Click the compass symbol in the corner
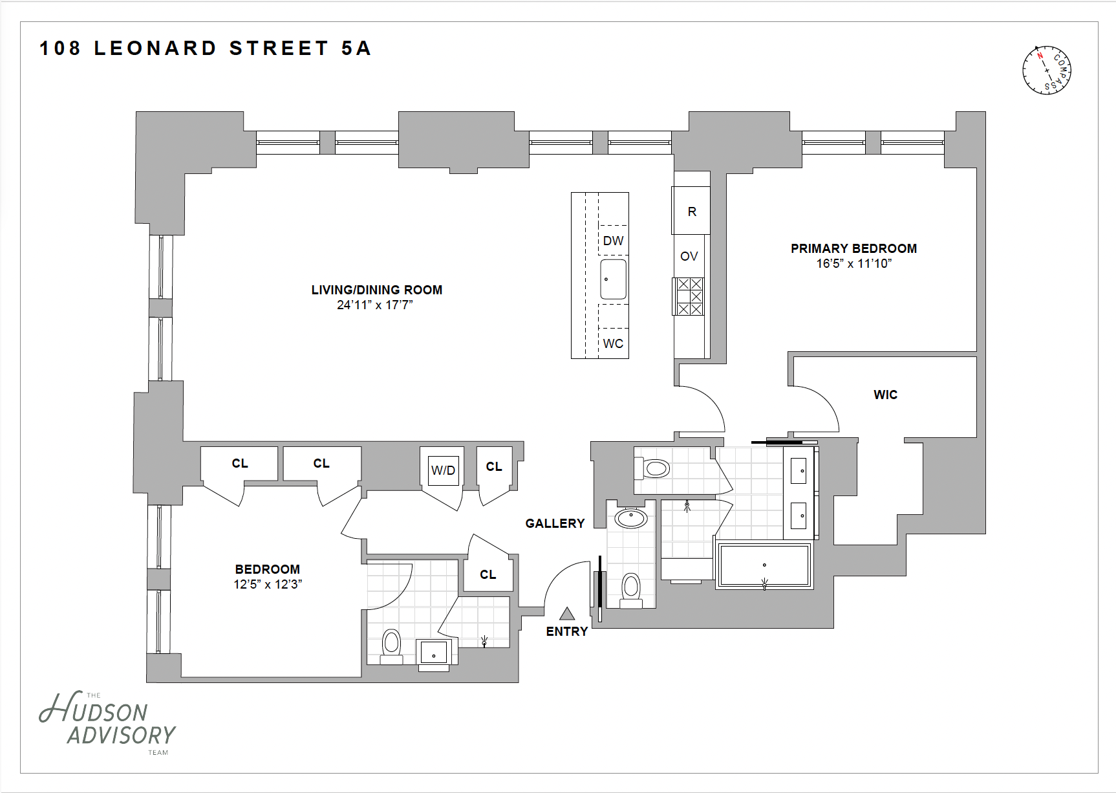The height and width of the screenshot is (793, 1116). [1046, 70]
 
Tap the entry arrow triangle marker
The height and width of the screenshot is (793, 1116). [567, 614]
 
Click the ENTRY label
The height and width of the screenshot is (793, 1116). [567, 631]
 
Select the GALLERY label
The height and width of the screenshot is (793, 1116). [555, 523]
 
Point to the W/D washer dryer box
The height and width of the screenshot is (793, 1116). [443, 470]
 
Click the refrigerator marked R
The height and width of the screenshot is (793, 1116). [692, 211]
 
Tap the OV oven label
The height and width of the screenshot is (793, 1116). [689, 256]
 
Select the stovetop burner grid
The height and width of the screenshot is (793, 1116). [689, 296]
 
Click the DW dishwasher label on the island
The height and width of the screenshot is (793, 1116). [613, 241]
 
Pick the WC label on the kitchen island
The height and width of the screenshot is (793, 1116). [613, 343]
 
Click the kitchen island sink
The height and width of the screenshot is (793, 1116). [613, 279]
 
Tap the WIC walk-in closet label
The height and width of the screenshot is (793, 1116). [885, 395]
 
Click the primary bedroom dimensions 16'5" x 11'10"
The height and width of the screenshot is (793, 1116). [853, 264]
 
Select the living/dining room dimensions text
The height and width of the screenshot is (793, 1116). [374, 305]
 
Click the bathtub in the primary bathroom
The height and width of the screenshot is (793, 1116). [764, 565]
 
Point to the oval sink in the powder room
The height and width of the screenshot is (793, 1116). [630, 517]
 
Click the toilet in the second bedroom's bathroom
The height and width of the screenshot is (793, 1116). [391, 644]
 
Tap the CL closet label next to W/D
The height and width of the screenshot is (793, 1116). [494, 466]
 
